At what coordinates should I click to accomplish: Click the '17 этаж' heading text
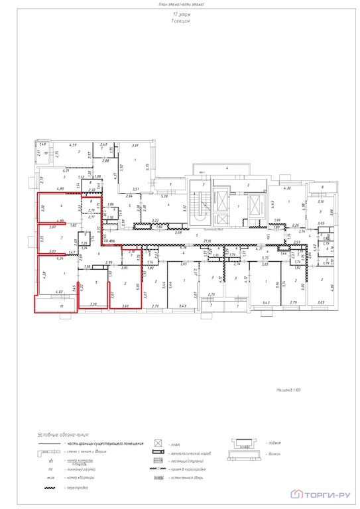(180, 14)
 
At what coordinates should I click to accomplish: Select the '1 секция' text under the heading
(180, 21)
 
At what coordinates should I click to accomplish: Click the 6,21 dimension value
(66, 170)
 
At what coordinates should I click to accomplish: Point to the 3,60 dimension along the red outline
(125, 306)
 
